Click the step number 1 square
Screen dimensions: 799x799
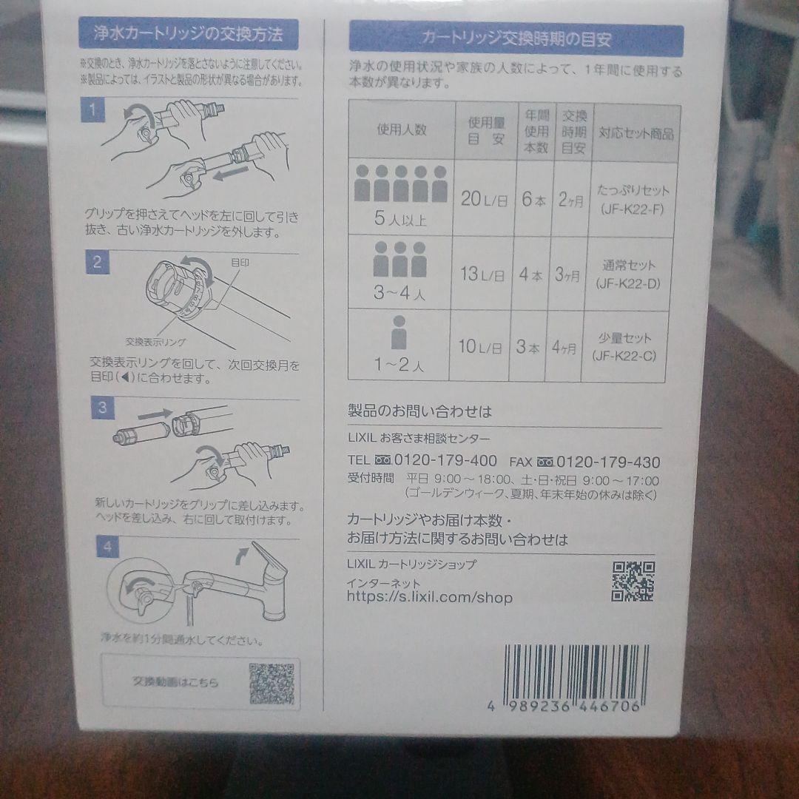point(92,112)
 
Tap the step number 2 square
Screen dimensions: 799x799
point(97,261)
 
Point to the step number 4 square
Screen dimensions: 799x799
point(108,547)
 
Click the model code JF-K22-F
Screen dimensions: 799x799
point(633,210)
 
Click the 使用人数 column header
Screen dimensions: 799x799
point(401,129)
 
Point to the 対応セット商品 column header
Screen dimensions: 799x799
point(636,134)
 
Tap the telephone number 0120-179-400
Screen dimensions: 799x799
point(445,460)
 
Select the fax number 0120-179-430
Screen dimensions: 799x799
point(608,462)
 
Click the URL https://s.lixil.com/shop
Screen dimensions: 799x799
point(429,597)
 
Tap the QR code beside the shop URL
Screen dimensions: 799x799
point(633,581)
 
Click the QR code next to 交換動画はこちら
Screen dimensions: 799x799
point(272,684)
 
